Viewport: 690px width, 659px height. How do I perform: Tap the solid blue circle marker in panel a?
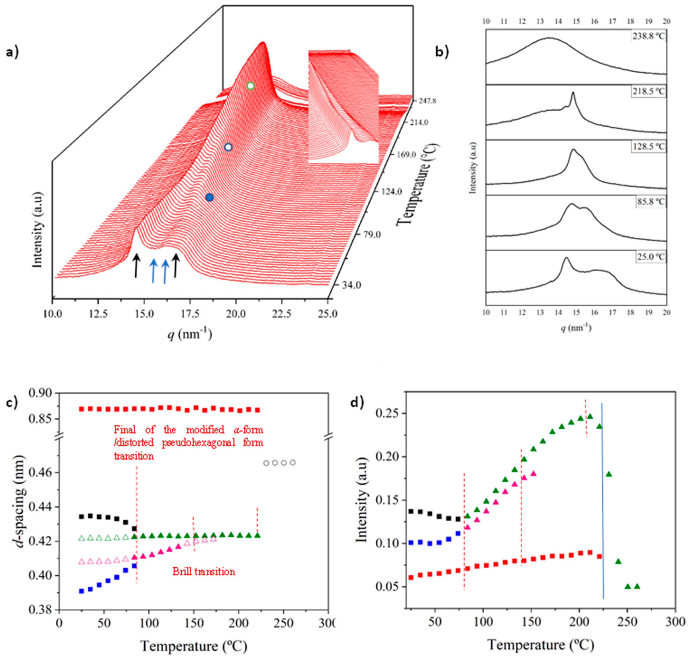209,198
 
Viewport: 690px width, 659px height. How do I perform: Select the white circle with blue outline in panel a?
228,147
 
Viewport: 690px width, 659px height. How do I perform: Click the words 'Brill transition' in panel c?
203,572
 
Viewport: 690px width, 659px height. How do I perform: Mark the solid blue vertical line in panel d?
603,499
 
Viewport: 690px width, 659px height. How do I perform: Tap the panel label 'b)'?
442,52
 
